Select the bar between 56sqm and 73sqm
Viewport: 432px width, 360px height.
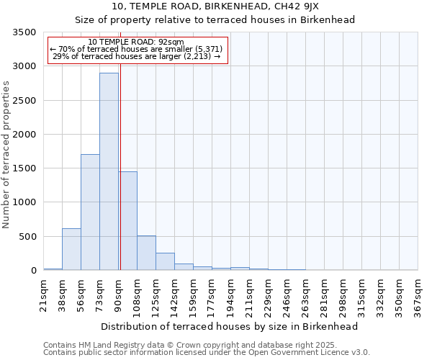click(90, 212)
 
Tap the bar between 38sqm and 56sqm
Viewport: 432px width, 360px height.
click(71, 249)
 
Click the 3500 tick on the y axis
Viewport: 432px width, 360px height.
click(24, 32)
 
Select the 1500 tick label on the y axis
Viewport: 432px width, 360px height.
click(24, 168)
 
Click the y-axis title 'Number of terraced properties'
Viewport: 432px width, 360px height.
click(7, 155)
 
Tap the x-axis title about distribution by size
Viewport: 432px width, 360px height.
click(230, 326)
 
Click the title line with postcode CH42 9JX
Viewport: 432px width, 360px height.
click(215, 6)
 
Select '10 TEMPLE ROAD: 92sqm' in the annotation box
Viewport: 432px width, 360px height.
click(136, 42)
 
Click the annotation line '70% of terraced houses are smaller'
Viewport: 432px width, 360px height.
click(136, 49)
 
